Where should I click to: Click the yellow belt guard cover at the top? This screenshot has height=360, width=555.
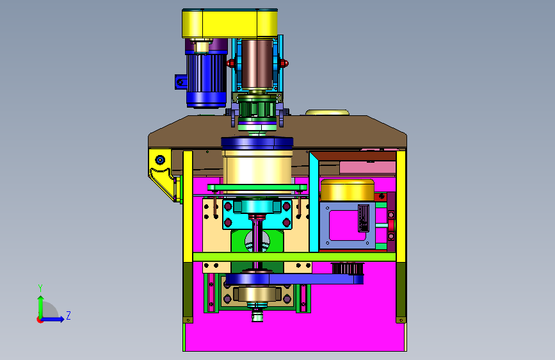point(230,24)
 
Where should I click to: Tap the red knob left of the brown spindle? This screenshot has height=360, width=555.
point(231,64)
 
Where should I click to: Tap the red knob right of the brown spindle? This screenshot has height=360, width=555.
point(284,64)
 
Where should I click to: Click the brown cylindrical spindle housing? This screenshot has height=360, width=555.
point(257,64)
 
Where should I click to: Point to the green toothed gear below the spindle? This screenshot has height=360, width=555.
point(257,109)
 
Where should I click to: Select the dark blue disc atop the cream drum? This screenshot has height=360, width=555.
point(257,143)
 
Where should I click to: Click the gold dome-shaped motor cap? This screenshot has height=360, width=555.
point(347,190)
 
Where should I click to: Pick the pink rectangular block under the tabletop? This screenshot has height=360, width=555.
point(367,167)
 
